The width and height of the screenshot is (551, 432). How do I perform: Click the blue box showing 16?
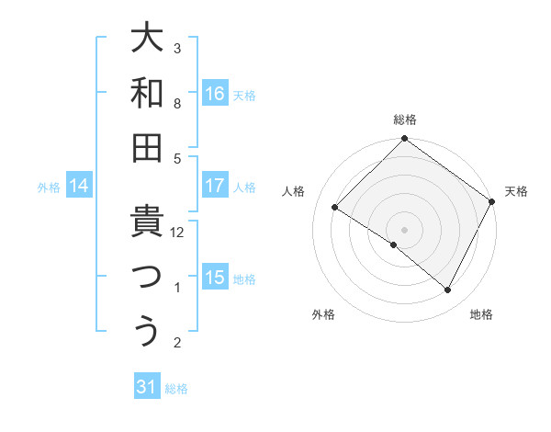tap(215, 93)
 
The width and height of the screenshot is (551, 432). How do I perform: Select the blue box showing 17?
tap(215, 186)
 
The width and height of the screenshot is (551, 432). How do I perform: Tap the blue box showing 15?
tap(215, 278)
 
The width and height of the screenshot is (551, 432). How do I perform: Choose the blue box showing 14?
tap(79, 187)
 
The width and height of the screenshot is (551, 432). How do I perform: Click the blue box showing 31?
tap(147, 387)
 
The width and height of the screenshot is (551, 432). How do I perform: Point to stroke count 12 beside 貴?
tap(177, 233)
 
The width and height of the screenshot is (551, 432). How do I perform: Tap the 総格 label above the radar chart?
tap(404, 119)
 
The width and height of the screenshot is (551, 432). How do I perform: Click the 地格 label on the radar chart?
tap(481, 314)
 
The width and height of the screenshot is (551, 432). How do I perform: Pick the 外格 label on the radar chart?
tap(323, 314)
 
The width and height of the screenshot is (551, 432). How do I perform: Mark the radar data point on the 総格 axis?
tap(404, 140)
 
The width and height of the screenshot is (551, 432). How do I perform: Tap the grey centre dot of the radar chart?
tap(404, 229)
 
